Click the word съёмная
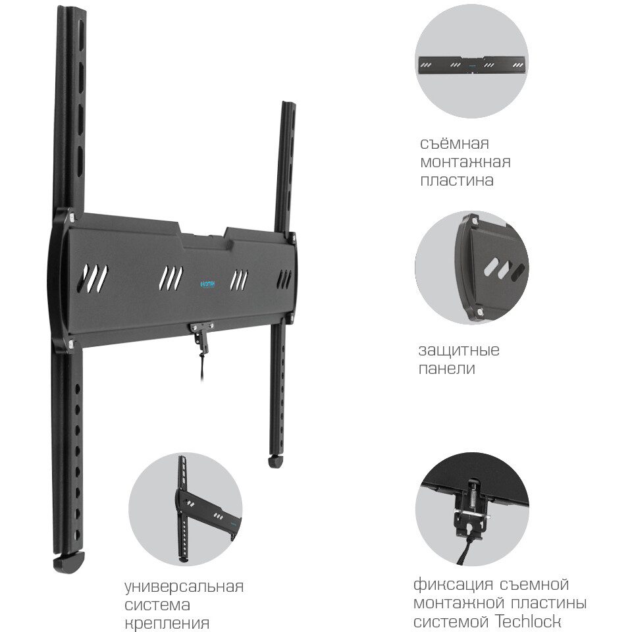coord(454,144)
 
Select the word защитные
coord(459,350)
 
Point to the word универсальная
coord(184,587)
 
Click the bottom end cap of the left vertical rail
coord(68,562)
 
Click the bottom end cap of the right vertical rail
coord(275,461)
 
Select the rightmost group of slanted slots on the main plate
coord(285,278)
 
